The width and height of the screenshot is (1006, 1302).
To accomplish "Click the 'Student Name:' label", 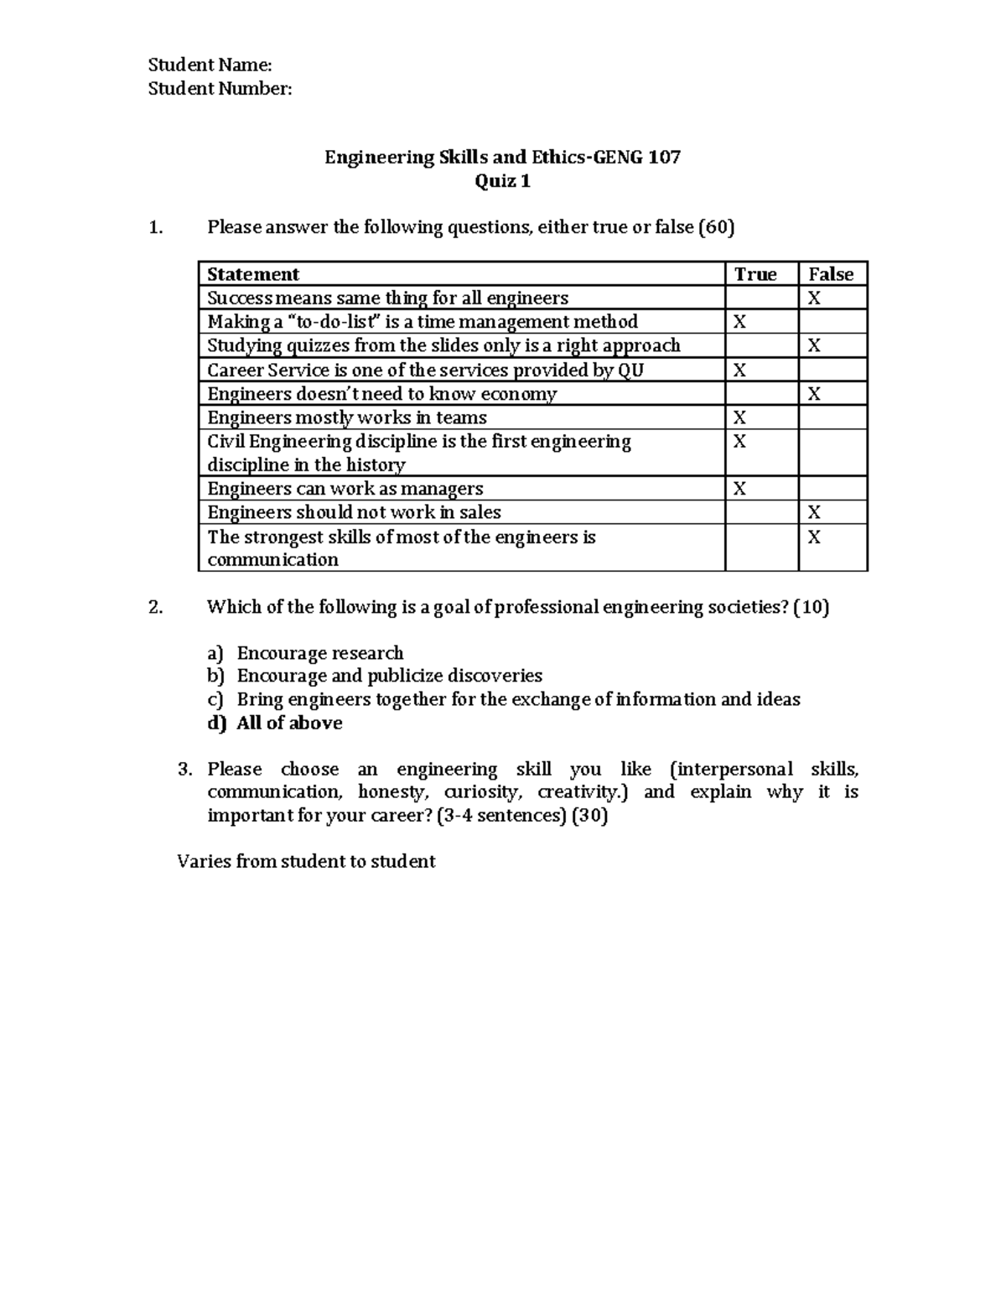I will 210,65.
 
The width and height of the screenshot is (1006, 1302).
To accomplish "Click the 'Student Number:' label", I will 220,89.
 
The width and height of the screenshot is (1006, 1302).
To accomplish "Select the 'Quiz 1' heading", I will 502,181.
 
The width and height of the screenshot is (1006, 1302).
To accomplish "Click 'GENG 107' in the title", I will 637,157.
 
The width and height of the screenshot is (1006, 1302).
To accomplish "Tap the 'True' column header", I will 755,274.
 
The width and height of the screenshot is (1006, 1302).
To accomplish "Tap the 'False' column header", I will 830,274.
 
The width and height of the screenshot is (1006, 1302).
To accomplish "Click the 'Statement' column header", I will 253,274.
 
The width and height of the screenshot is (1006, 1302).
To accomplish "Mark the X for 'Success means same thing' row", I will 813,298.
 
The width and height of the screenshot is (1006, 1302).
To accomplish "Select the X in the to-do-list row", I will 739,322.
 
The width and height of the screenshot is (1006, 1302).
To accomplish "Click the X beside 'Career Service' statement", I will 739,370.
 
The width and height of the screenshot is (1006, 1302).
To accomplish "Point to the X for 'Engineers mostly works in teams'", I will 739,418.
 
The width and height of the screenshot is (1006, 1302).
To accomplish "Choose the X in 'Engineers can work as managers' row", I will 739,489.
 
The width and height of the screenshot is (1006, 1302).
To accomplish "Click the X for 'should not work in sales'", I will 813,512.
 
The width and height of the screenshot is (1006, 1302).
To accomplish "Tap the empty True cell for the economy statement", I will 761,394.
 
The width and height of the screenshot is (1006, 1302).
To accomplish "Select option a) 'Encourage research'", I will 319,653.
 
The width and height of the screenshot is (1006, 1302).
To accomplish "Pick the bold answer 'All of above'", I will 289,724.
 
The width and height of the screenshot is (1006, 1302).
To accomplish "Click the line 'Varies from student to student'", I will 306,861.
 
